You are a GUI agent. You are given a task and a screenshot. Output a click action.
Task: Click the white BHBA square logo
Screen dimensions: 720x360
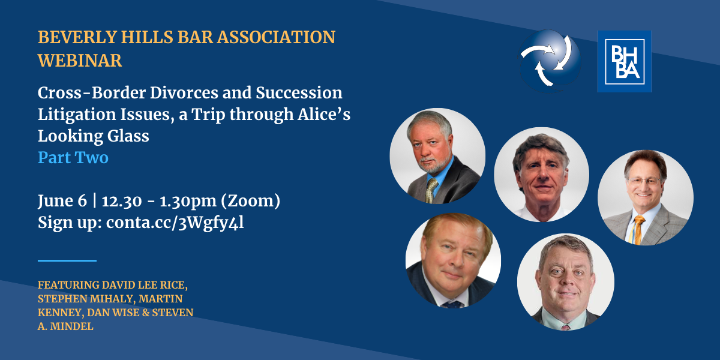625,61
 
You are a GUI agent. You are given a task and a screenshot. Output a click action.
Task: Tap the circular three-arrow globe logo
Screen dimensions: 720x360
550,61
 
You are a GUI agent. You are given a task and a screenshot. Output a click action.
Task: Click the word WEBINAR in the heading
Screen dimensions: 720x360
80,61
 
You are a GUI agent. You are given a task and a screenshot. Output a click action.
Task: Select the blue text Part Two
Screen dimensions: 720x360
73,157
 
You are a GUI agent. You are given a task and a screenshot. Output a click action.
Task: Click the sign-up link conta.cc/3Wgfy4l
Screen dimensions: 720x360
175,223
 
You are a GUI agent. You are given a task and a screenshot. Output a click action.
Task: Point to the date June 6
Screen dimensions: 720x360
62,200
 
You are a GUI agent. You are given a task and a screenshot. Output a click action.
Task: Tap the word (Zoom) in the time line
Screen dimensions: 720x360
250,200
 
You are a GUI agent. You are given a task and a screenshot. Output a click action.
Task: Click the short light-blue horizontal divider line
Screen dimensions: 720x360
67,260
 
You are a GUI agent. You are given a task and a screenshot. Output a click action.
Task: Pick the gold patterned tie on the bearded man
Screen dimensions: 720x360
431,190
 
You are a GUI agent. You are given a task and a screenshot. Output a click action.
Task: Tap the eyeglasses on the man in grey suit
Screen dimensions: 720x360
644,181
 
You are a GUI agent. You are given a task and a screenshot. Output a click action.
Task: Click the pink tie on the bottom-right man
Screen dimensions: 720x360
565,328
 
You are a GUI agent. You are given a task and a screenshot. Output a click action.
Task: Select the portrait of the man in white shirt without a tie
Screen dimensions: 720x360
542,175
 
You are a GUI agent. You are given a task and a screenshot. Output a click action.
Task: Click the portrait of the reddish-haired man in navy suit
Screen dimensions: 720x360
453,260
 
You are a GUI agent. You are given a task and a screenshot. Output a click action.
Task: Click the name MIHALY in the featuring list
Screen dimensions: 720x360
109,299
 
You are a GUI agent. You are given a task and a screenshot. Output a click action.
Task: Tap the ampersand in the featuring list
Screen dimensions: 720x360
146,313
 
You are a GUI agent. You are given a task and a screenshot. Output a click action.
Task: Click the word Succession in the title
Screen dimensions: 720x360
299,93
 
